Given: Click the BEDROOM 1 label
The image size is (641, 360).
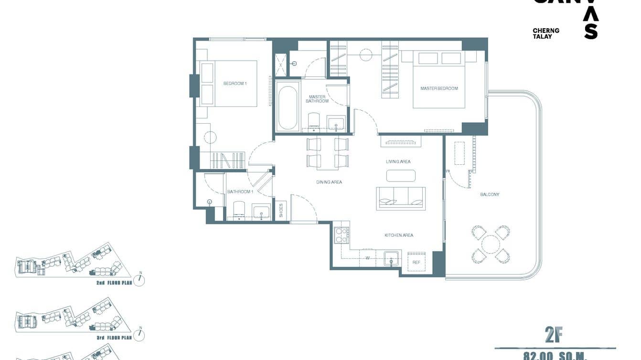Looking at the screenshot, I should click(x=235, y=84).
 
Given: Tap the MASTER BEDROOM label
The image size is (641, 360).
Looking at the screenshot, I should click(x=439, y=88).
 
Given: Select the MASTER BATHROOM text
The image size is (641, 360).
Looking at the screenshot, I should click(x=317, y=99).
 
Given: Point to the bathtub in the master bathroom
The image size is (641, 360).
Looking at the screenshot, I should click(x=288, y=107).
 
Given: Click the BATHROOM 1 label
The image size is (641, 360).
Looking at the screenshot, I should click(x=240, y=192).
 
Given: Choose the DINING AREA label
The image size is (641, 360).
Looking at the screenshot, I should click(x=329, y=182).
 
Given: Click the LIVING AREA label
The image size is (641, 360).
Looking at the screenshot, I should click(x=398, y=162).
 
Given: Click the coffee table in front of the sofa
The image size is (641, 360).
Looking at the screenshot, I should click(x=401, y=176).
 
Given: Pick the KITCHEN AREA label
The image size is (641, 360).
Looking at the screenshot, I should click(x=399, y=235).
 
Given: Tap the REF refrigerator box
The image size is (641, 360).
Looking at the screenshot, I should click(x=417, y=263).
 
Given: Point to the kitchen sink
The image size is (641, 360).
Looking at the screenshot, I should click(x=391, y=259).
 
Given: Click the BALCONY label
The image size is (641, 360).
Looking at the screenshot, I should click(x=490, y=194).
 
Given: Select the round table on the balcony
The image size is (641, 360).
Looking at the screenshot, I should click(x=491, y=244).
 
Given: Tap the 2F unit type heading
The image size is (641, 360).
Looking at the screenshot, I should click(x=554, y=336).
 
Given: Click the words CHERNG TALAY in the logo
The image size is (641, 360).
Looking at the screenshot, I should click(x=545, y=33).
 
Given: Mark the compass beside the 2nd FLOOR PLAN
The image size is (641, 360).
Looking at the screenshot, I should click(x=139, y=280).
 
